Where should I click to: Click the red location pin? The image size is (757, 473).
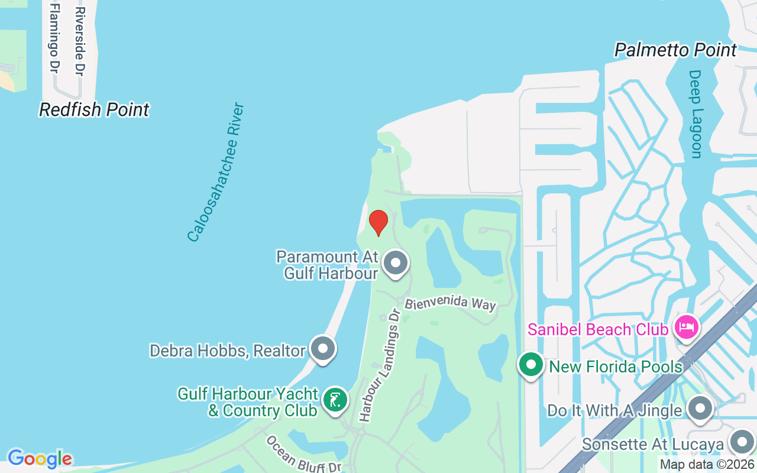point(378,222)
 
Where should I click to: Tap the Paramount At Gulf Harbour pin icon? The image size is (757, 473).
point(396,263)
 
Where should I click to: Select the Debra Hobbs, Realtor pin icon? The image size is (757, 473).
point(323,349)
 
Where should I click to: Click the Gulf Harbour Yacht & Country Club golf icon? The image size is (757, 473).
point(335,400)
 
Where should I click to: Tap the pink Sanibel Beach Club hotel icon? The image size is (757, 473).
point(686,326)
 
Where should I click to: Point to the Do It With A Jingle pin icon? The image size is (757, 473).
point(700,409)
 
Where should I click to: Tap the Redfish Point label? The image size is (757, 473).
point(94,110)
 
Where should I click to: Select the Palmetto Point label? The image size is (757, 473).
point(675,50)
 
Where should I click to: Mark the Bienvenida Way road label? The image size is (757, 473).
point(450,303)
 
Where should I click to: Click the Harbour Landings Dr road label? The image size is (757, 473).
point(380,365)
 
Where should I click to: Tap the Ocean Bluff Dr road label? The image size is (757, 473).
point(303,455)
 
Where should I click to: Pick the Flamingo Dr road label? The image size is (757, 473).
point(54,38)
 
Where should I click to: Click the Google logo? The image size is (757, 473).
point(40,459)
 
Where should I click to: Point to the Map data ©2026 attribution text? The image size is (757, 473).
point(706,465)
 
